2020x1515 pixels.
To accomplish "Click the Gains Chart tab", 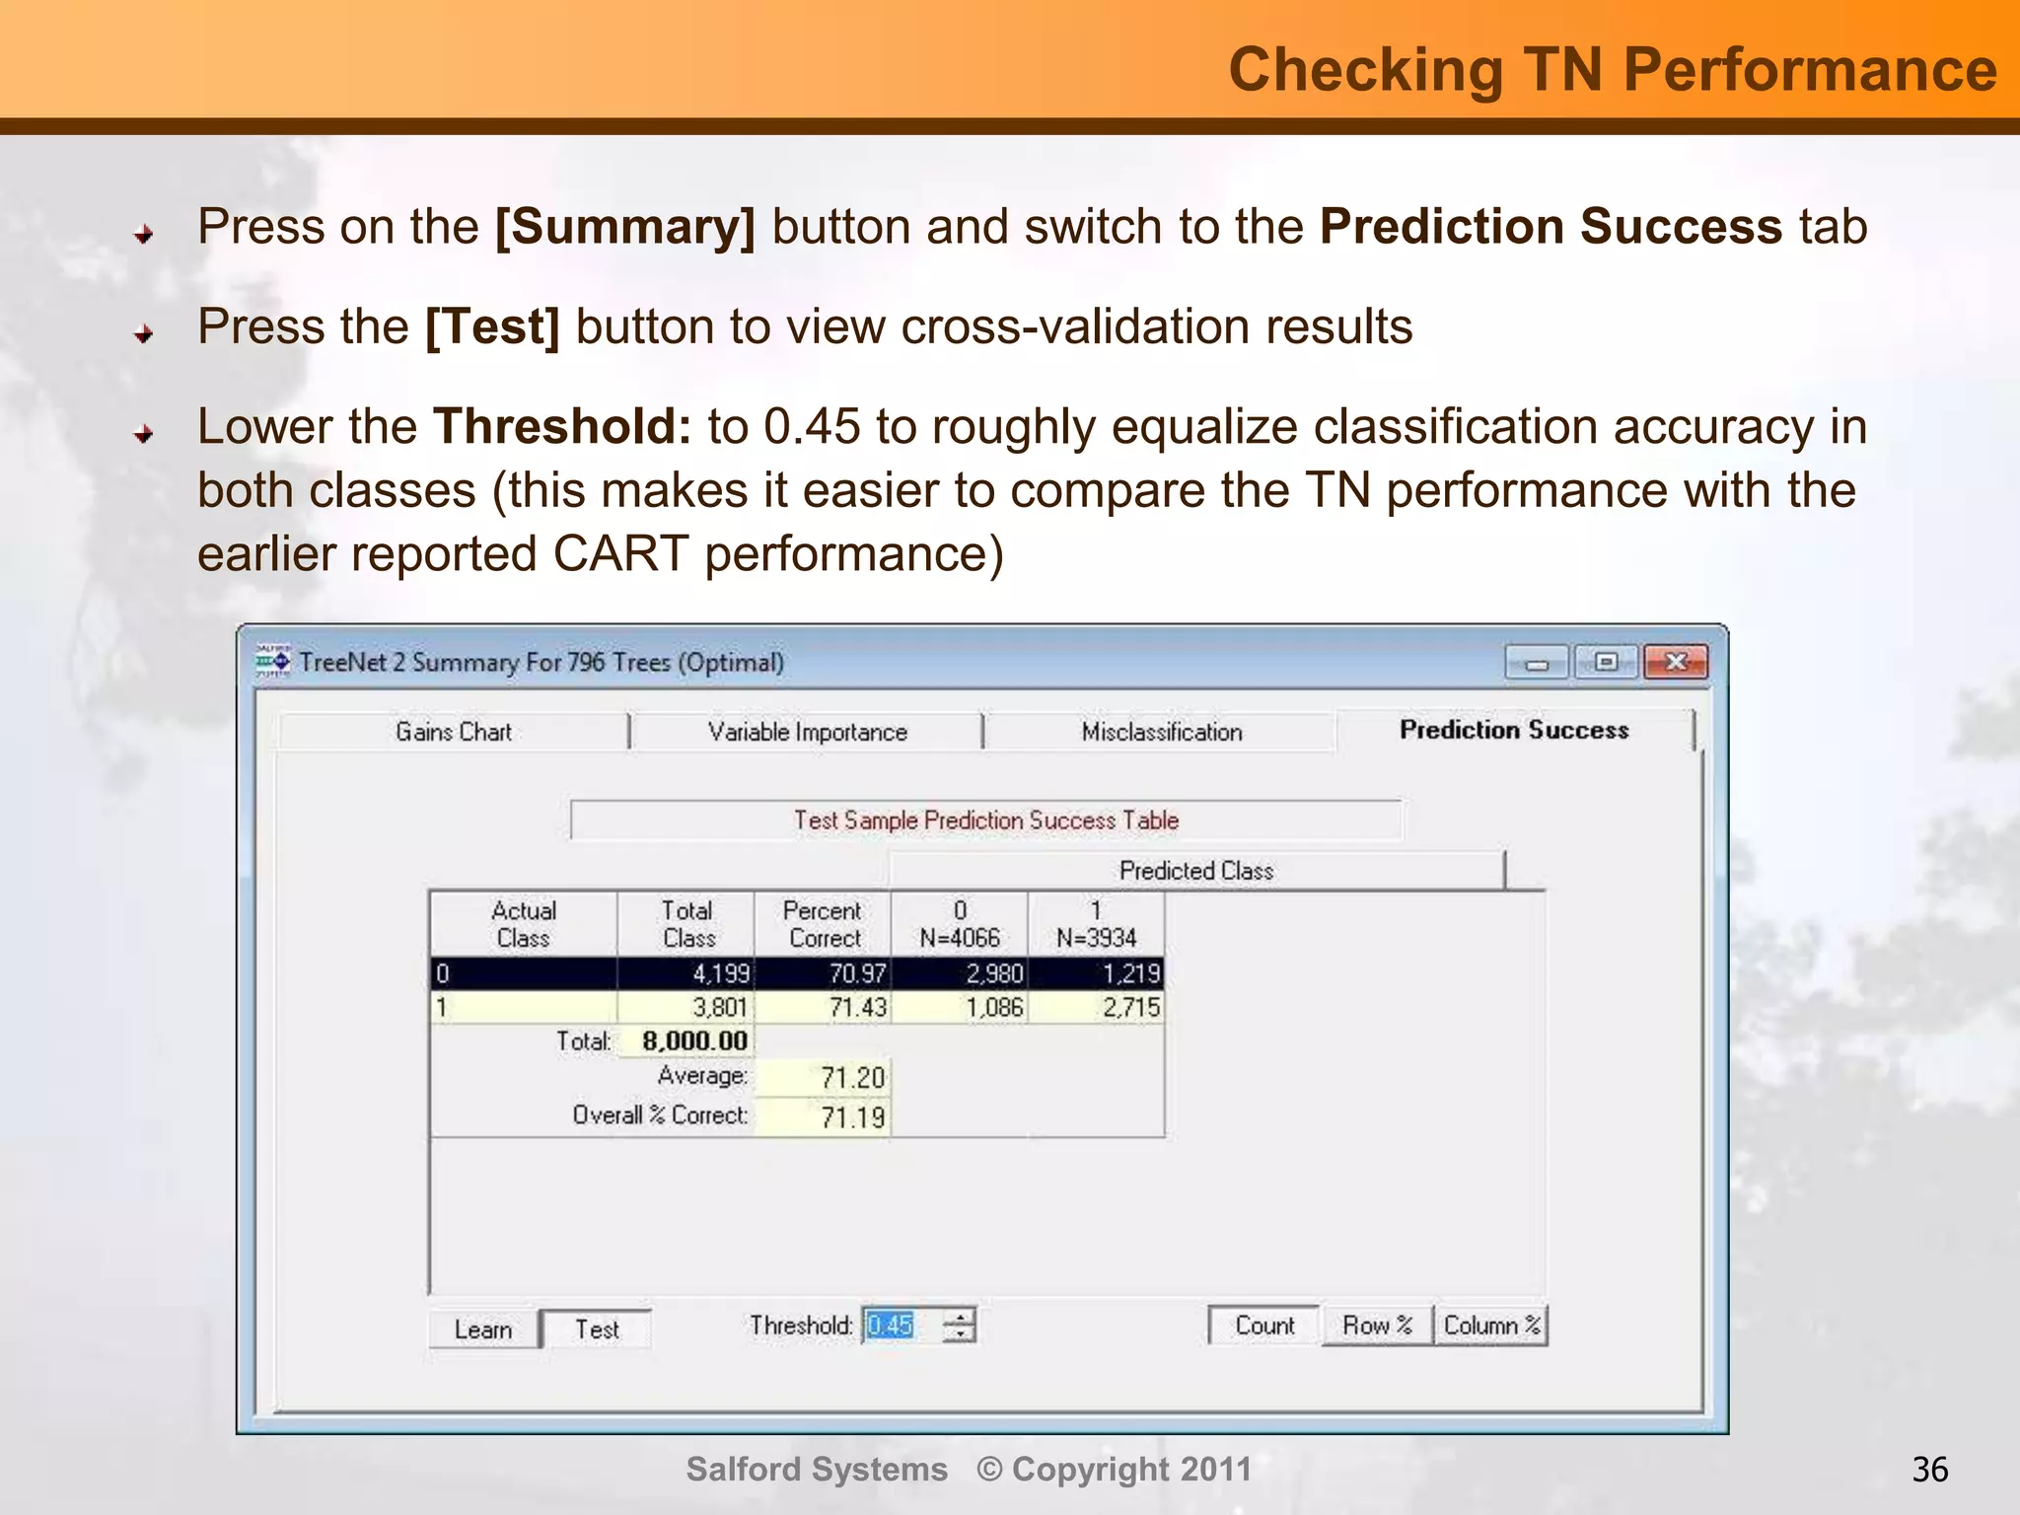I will pos(454,732).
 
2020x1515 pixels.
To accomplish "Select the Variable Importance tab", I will pos(807,732).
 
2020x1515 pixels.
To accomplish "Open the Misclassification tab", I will pos(1161,732).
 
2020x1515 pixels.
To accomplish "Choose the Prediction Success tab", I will pos(1514,730).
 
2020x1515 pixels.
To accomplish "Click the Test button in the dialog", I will pos(597,1330).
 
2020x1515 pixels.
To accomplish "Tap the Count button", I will pos(1264,1326).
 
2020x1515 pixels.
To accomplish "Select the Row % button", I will pos(1377,1326).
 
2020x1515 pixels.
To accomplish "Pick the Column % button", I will pos(1491,1326).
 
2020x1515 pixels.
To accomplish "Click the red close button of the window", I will pos(1676,662).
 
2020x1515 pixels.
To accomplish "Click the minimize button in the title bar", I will pos(1537,663).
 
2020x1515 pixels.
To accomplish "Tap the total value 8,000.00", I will pos(694,1041).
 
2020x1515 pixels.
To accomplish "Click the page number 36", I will pos(1929,1470).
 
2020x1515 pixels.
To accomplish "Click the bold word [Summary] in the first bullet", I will pos(625,227).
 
